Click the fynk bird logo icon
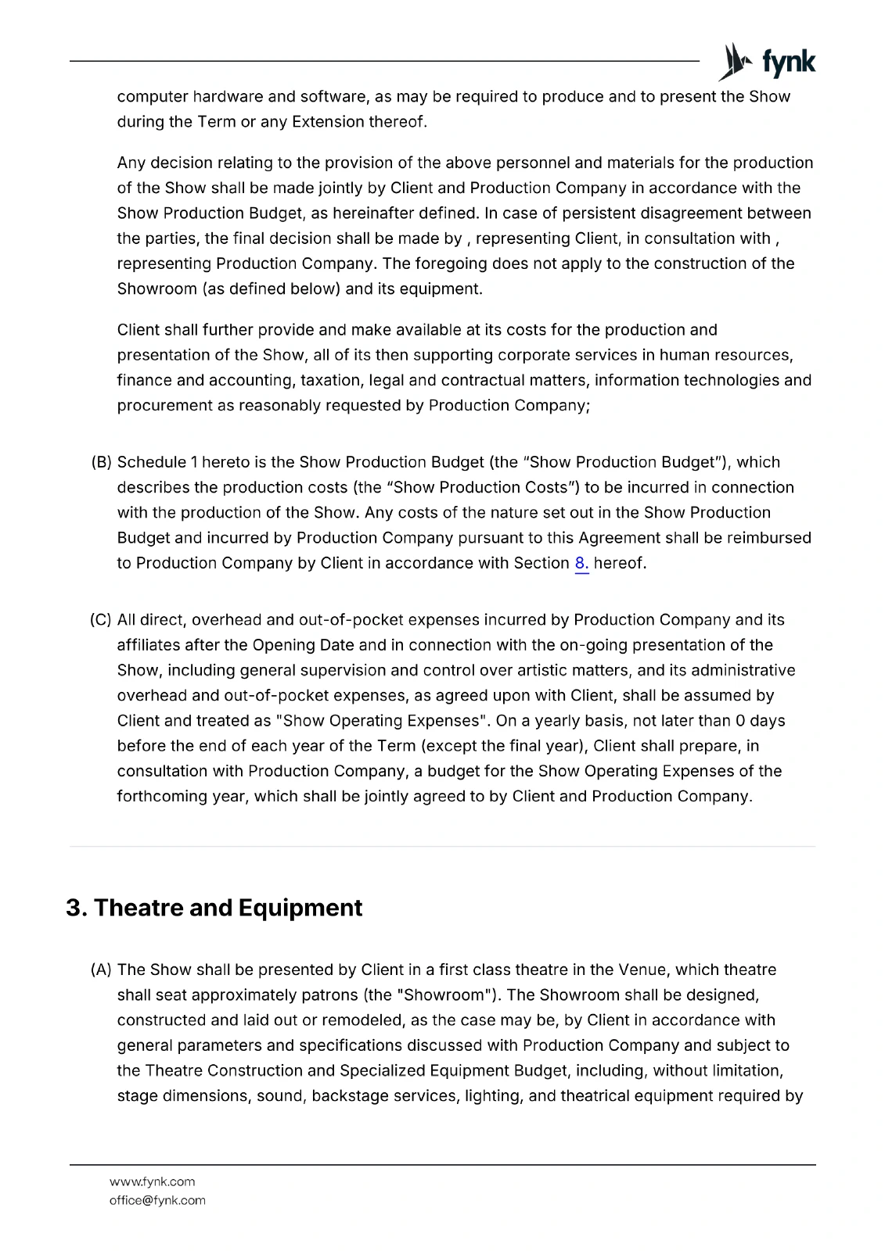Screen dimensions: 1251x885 tap(734, 62)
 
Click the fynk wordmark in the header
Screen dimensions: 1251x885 tap(789, 63)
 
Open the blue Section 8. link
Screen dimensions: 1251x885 tap(581, 563)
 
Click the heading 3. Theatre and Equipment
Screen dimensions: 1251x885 tap(214, 908)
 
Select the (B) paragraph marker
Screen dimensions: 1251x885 tap(102, 462)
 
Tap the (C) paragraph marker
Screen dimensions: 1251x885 tap(101, 620)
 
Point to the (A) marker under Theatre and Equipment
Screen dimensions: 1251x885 tap(102, 970)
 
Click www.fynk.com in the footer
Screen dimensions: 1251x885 tap(153, 1181)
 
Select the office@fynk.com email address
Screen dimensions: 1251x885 tap(157, 1200)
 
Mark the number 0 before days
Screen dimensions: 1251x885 tap(739, 721)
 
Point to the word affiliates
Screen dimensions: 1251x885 tap(149, 645)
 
